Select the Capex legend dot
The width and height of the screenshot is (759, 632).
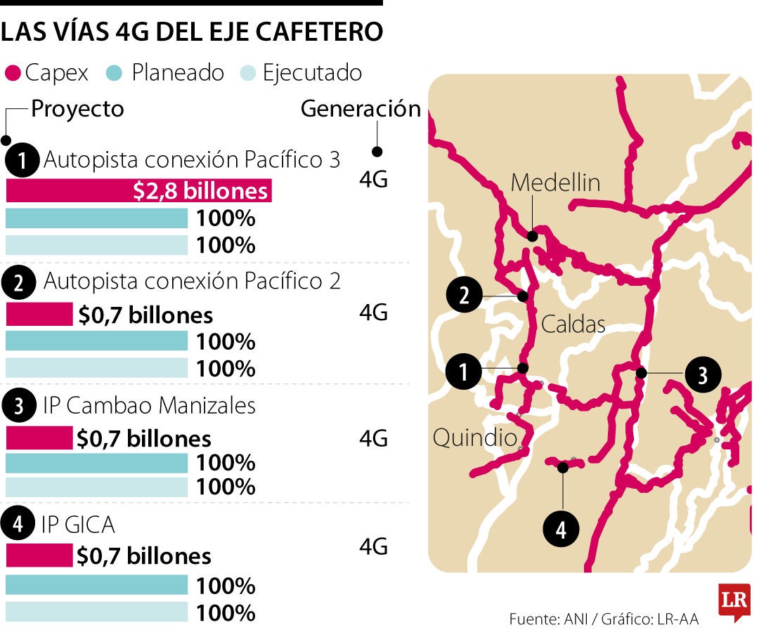pyautogui.click(x=13, y=73)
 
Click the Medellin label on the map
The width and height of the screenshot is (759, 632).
pyautogui.click(x=555, y=183)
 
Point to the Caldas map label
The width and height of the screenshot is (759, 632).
pyautogui.click(x=573, y=324)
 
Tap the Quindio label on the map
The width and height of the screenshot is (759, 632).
pyautogui.click(x=474, y=438)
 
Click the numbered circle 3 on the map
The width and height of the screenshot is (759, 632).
pyautogui.click(x=701, y=376)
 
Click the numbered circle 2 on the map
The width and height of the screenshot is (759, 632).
pyautogui.click(x=464, y=296)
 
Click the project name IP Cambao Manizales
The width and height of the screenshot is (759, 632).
pyautogui.click(x=149, y=405)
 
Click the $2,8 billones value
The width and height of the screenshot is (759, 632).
pyautogui.click(x=200, y=192)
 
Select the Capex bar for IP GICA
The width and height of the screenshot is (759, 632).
pyautogui.click(x=39, y=555)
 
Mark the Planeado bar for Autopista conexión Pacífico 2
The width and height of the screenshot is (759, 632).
pyautogui.click(x=97, y=341)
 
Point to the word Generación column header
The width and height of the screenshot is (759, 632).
pyautogui.click(x=361, y=109)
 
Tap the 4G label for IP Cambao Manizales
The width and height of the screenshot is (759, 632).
pyautogui.click(x=373, y=439)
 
